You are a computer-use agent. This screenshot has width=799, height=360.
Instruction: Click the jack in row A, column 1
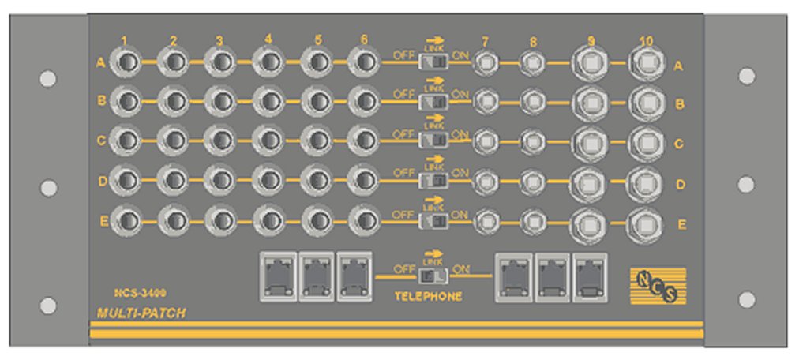(127, 62)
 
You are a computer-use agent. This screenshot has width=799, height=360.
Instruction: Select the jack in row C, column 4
(268, 140)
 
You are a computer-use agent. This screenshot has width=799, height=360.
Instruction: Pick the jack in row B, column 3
(221, 100)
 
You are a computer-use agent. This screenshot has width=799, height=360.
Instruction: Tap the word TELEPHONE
(428, 297)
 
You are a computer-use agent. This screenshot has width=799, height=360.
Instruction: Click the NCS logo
(658, 286)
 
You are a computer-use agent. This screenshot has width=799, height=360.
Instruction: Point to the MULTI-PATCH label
(141, 313)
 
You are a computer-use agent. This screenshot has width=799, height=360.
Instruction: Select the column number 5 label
(317, 39)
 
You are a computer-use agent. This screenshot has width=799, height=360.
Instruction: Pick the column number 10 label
(646, 40)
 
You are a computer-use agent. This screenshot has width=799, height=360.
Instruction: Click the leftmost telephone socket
(277, 276)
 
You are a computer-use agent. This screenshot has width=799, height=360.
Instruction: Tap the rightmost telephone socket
(590, 276)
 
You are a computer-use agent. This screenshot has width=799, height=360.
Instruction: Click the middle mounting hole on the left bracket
(48, 188)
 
